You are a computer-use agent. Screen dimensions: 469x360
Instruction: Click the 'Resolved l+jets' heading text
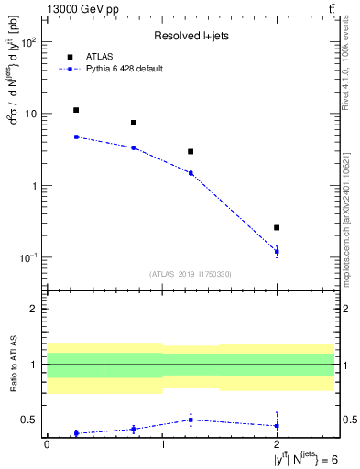[191, 36]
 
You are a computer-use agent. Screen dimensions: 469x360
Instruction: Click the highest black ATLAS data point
[76, 110]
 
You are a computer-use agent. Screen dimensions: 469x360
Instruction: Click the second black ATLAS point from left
[134, 123]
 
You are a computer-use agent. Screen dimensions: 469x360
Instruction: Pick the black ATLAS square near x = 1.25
[191, 151]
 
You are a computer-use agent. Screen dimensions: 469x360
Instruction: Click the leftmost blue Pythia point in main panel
[76, 136]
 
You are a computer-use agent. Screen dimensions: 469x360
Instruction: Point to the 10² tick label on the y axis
[28, 43]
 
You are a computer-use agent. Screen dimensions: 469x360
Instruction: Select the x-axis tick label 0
[48, 444]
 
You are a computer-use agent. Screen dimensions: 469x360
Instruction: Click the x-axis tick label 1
[162, 444]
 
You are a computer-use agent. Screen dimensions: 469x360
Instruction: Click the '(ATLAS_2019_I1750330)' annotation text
[191, 274]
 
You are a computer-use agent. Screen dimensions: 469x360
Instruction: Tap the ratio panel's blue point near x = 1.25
[191, 420]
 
